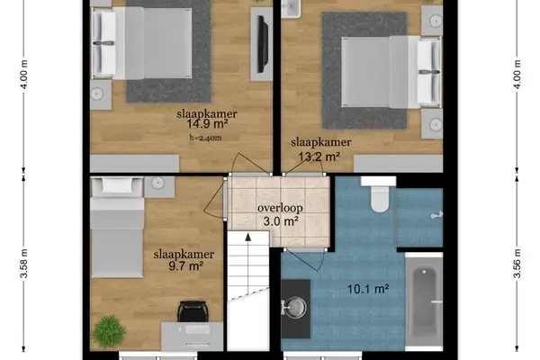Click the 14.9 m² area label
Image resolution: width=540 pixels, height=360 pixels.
tap(207, 123)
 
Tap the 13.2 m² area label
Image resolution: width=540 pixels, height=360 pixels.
tap(319, 157)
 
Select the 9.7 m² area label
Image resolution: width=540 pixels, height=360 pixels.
tap(185, 265)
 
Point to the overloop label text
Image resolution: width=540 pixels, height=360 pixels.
tap(280, 208)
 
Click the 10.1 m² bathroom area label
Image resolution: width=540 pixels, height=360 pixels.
tap(368, 289)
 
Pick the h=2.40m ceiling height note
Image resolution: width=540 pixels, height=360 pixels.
tap(205, 138)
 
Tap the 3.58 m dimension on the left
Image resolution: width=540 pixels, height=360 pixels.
tap(23, 263)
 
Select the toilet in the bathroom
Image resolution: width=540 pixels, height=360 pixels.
tap(379, 194)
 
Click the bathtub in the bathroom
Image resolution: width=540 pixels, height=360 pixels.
tap(424, 301)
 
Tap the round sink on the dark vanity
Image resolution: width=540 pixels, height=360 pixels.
tap(295, 307)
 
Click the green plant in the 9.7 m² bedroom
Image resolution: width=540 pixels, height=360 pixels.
tap(109, 332)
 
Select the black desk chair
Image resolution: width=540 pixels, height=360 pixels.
tap(193, 311)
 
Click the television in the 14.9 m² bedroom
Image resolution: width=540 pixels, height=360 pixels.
tap(263, 45)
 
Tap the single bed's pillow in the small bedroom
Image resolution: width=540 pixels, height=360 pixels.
tap(117, 185)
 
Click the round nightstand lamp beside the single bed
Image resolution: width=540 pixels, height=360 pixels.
tap(157, 183)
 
